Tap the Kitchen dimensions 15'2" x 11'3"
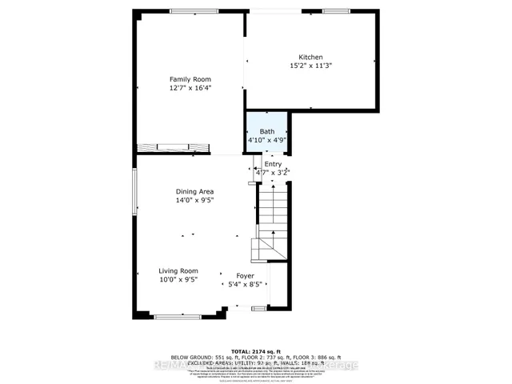310,66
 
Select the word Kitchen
310,57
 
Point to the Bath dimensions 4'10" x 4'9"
266,140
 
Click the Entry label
273,164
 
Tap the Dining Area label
194,191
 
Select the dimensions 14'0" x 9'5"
194,201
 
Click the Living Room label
178,271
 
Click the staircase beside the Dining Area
270,220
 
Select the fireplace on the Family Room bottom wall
174,147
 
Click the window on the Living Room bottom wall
178,317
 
